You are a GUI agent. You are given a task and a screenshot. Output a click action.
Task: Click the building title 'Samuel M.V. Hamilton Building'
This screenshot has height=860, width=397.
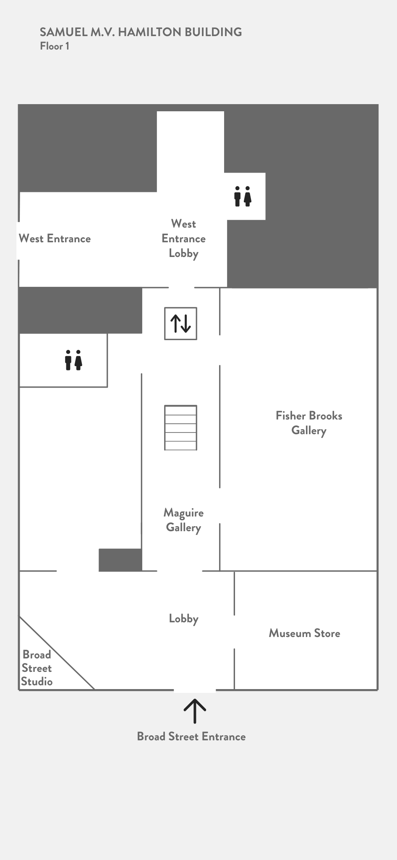141,32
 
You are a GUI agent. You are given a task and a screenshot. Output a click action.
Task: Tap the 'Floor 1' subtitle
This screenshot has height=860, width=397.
55,46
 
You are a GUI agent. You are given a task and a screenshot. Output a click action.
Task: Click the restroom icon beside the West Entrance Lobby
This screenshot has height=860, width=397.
243,196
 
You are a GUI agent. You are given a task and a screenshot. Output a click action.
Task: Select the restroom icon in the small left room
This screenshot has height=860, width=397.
73,360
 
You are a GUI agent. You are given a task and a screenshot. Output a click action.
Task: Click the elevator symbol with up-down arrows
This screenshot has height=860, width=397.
180,323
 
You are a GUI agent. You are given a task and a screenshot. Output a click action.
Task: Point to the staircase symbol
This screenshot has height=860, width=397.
180,427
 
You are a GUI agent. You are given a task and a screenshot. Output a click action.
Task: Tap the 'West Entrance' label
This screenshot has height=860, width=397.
55,239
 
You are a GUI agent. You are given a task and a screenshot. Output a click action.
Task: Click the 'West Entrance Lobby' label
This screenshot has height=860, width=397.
184,239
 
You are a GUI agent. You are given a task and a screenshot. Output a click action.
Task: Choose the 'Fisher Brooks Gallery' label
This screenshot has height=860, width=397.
309,423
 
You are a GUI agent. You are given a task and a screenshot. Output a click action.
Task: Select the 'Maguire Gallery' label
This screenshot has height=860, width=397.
184,520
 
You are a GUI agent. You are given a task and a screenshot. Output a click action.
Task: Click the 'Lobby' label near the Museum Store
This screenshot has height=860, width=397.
184,619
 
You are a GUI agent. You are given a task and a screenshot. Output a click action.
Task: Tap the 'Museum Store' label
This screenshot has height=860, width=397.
305,633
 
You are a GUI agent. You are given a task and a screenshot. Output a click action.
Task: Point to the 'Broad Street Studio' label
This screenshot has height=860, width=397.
37,668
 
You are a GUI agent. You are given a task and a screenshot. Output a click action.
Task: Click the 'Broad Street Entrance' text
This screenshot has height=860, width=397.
191,737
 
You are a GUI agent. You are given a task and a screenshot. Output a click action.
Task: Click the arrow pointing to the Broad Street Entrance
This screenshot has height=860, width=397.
195,711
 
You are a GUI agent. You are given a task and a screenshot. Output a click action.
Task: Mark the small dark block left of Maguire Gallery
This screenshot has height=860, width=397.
120,560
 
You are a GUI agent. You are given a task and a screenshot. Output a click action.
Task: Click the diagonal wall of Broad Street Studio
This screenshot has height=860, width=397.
57,653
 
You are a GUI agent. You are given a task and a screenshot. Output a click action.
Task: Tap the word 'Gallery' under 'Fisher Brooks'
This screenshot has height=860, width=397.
309,431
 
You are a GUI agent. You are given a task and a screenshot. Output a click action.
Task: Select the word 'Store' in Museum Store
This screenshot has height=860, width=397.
327,633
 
